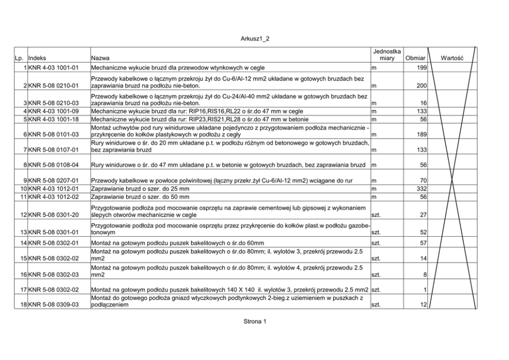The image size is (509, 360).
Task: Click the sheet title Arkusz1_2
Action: tap(254, 39)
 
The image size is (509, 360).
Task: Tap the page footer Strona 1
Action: tap(254, 321)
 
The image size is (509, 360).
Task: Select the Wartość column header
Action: tap(452, 59)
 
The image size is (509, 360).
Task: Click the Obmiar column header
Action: tap(415, 59)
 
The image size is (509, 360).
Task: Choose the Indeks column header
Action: tap(37, 59)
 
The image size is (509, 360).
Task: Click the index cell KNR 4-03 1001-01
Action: tap(53, 68)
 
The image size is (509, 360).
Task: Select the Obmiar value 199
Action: tap(422, 68)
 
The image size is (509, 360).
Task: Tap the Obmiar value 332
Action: tap(422, 190)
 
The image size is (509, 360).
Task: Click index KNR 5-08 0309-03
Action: tap(53, 305)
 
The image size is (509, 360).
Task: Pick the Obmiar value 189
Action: tap(422, 135)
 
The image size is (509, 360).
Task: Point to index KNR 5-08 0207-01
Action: tap(53, 181)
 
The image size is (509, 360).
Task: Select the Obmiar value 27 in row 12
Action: tap(423, 215)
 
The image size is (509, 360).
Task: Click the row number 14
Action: tap(23, 242)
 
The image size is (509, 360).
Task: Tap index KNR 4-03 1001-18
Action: tap(53, 119)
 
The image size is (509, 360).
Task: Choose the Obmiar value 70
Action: tap(423, 181)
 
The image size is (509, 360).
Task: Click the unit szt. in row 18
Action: tap(375, 305)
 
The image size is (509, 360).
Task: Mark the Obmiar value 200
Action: tap(422, 85)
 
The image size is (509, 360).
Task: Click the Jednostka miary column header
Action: tap(386, 55)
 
